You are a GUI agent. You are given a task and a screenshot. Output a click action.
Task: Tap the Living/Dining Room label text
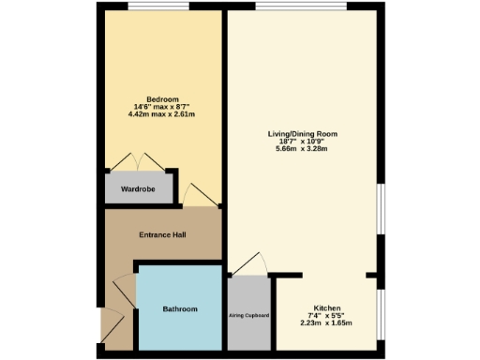click(302, 134)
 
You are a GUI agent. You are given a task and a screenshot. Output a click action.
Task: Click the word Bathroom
click(180, 309)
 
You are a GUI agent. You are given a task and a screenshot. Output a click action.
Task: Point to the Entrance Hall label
click(161, 233)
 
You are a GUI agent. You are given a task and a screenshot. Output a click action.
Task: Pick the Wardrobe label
click(138, 189)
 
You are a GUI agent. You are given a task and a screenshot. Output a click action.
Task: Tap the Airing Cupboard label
click(248, 315)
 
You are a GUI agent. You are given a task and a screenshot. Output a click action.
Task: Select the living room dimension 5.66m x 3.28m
click(302, 149)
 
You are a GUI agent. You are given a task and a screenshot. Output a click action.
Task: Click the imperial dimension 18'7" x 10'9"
click(302, 142)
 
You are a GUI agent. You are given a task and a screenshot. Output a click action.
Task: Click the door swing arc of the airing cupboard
click(253, 263)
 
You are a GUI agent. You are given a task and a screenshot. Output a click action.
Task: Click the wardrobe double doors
click(138, 161)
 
